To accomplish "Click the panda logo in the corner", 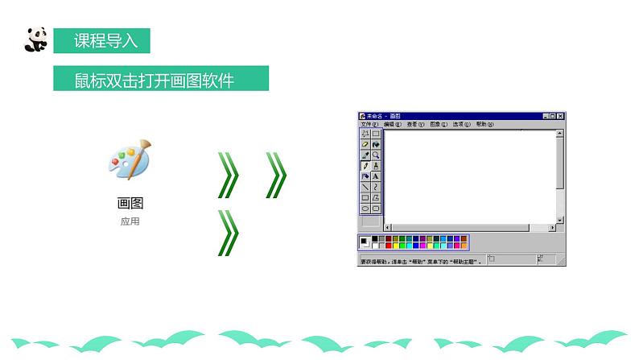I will pos(35,38).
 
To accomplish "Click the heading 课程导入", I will pos(101,39).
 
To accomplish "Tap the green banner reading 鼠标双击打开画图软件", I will pos(160,80).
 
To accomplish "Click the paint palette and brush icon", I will pos(129,159).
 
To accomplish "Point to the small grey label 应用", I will pos(129,221).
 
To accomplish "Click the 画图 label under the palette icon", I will pos(129,204).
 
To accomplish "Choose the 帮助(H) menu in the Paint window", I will pos(482,125).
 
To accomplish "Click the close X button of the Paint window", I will pos(560,116).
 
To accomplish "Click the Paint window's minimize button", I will pos(544,116).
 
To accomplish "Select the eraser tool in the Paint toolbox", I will pos(365,145).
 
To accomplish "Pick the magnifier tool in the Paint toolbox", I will pos(376,155).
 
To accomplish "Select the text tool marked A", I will pos(376,176).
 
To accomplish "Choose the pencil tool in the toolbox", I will pos(365,166).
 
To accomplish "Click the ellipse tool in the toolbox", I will pos(365,208).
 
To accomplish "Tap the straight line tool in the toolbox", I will pos(365,187).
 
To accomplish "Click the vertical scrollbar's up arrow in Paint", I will pos(560,134).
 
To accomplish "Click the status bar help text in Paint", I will pos(419,261).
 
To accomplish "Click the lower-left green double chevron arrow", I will pos(229,233).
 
